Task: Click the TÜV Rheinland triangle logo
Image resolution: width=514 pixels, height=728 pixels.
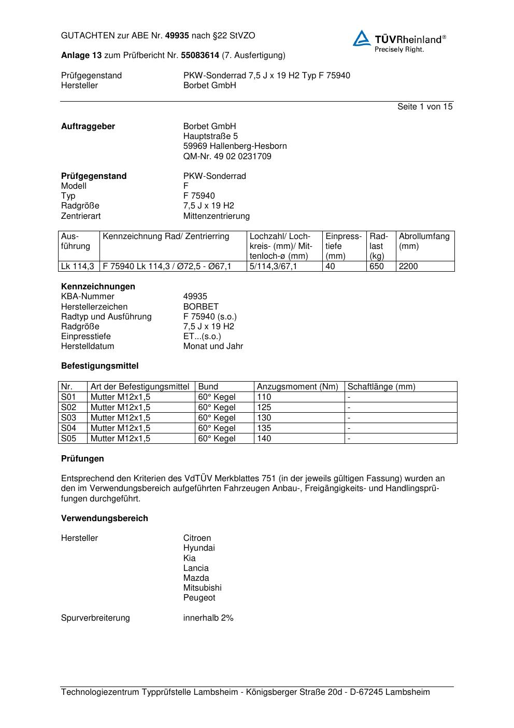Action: coord(362,38)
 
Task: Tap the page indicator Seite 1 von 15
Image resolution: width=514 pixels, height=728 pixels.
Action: coord(424,106)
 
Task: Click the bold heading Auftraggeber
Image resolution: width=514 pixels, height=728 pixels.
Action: coord(88,126)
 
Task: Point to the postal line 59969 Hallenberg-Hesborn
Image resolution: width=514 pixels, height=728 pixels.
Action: coord(235,146)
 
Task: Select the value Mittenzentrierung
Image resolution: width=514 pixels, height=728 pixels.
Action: coord(216,216)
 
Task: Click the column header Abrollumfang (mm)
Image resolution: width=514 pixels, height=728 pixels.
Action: coord(424,241)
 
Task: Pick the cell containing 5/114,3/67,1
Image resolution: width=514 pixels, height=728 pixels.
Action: coord(273,266)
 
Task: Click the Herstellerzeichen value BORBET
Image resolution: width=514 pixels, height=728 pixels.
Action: coord(201,306)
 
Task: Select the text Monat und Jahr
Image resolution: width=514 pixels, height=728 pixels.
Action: coord(213,346)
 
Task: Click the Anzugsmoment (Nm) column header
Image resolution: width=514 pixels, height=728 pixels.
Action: coord(297,386)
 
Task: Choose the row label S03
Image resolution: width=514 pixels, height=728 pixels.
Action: coord(68,417)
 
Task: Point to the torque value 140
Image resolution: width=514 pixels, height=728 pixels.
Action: coord(264,438)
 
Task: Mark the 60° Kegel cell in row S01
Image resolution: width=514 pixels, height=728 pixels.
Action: coord(217,397)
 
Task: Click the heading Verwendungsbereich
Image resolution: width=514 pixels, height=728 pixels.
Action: coord(104,518)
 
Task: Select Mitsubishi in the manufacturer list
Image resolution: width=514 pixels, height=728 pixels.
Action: coord(202,587)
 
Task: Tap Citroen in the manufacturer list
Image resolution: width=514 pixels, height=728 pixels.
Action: coord(197,538)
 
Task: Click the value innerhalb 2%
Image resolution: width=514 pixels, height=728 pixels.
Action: coord(208,618)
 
